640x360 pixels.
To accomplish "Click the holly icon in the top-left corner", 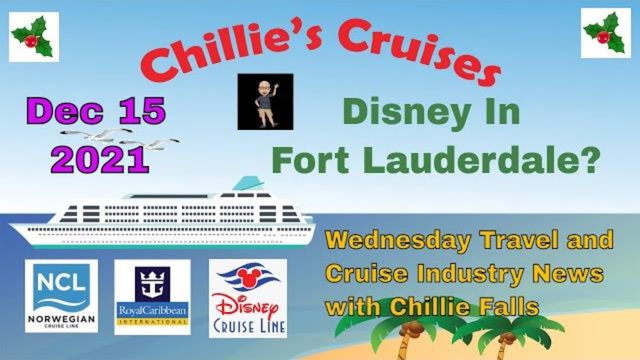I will (x=34, y=37).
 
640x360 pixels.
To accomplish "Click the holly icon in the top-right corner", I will (x=605, y=33).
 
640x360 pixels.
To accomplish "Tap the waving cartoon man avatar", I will (x=265, y=101).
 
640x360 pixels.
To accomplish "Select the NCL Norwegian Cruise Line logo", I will (x=61, y=296).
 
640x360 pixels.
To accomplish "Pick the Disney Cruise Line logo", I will (x=248, y=298).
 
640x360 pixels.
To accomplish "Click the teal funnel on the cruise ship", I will (x=248, y=183).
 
